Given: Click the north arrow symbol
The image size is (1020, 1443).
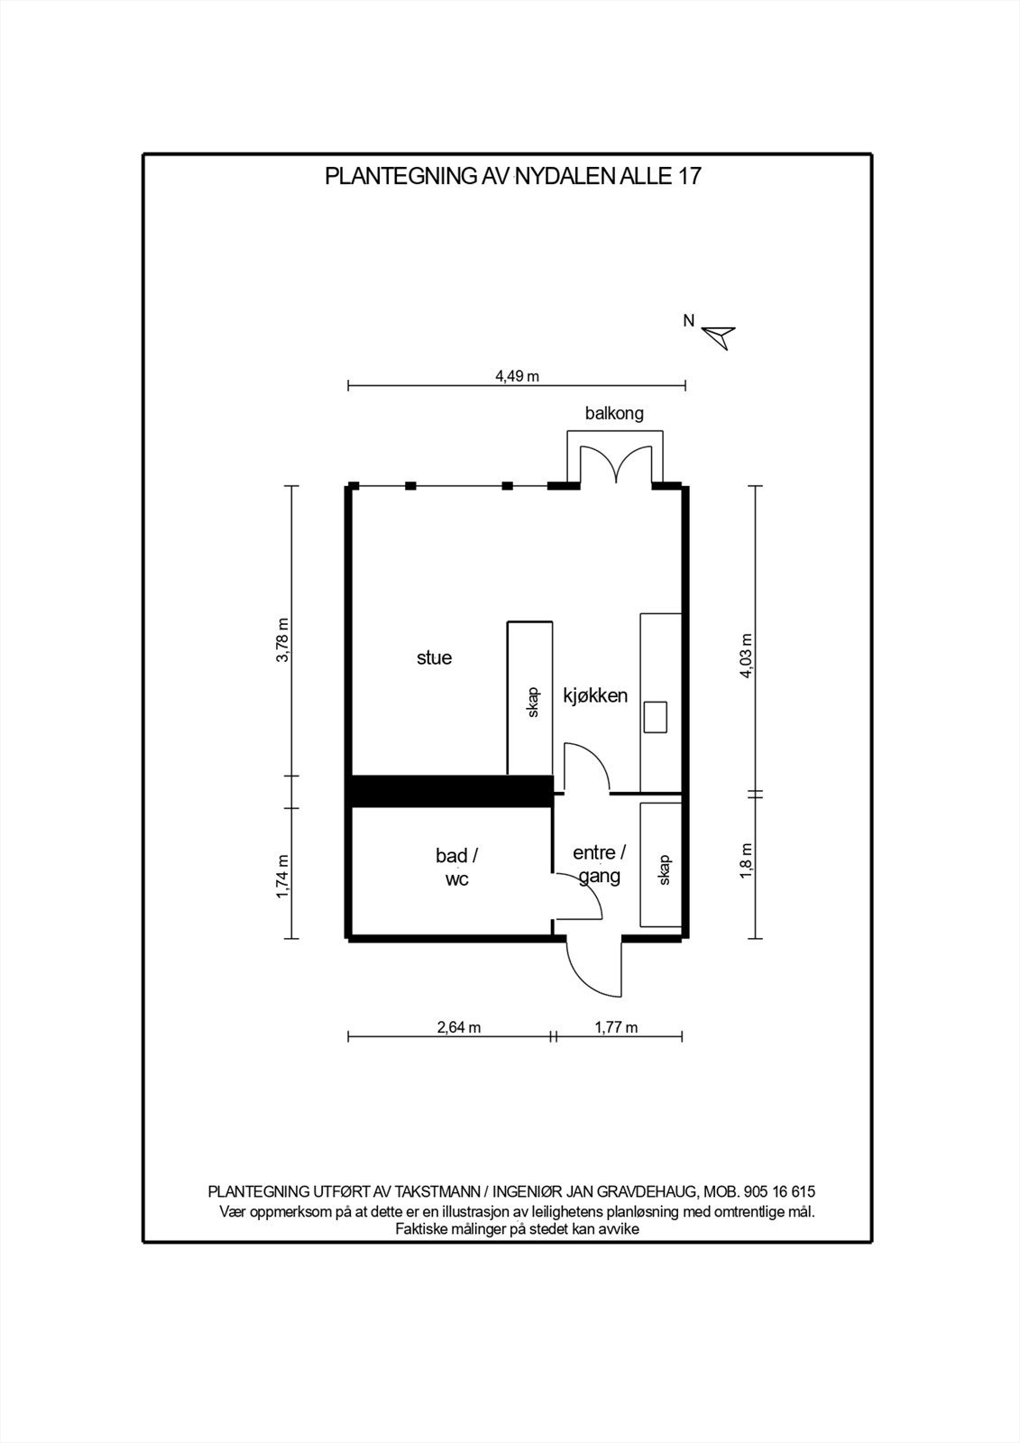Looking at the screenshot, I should (x=721, y=336).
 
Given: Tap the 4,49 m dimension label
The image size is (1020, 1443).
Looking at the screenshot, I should (x=517, y=376).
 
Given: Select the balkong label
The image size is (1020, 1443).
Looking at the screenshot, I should (x=614, y=414).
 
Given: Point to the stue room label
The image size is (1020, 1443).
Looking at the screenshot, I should (x=434, y=657).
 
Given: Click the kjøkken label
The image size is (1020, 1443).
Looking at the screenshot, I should (x=595, y=695).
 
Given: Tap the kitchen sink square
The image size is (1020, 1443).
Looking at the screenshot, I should (x=656, y=717).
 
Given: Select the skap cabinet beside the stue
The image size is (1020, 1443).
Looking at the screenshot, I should (x=530, y=698).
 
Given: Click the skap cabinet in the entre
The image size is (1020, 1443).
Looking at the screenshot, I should (x=662, y=865).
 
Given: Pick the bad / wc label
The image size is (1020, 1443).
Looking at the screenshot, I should (x=456, y=867).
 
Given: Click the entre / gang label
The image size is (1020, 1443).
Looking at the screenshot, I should (x=600, y=864).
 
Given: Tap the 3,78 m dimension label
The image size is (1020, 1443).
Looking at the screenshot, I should (x=283, y=640).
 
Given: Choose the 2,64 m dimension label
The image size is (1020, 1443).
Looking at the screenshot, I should (x=459, y=1027).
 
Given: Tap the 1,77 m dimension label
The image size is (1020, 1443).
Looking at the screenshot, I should (x=616, y=1027).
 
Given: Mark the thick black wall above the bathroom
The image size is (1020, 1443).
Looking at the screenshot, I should (x=451, y=790).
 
